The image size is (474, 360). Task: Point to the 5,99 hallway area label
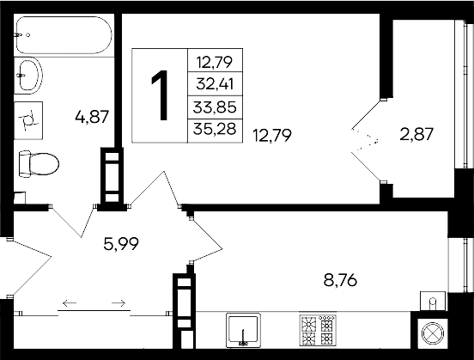click(120, 243)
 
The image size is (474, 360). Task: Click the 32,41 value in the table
click(215, 84)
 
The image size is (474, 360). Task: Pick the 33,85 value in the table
click(215, 107)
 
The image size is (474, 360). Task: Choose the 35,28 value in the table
click(215, 131)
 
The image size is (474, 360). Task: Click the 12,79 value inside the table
click(215, 61)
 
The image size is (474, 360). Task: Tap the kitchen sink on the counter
click(244, 331)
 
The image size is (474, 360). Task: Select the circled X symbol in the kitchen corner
click(430, 333)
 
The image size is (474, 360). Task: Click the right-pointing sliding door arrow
click(119, 302)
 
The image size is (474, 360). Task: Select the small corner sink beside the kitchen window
click(432, 301)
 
